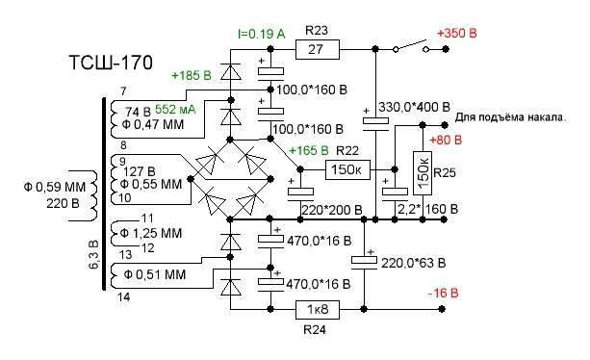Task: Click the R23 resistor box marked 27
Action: click(318, 49)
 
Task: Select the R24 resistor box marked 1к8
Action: click(318, 310)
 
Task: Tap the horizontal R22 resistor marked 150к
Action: click(347, 169)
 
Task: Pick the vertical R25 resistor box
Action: click(423, 173)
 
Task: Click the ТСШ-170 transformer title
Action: click(111, 63)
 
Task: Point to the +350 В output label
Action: click(456, 34)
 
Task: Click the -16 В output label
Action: click(444, 293)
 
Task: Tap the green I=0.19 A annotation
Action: click(262, 35)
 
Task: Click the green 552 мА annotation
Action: click(175, 109)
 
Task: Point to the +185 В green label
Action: click(192, 76)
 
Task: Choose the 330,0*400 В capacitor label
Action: click(414, 107)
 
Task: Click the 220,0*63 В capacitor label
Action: click(413, 263)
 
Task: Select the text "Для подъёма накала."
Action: click(511, 117)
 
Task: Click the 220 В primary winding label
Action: click(63, 203)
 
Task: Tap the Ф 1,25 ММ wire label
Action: click(151, 233)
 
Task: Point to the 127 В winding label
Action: click(140, 172)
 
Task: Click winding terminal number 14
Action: click(123, 297)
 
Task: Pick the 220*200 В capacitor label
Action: click(332, 210)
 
